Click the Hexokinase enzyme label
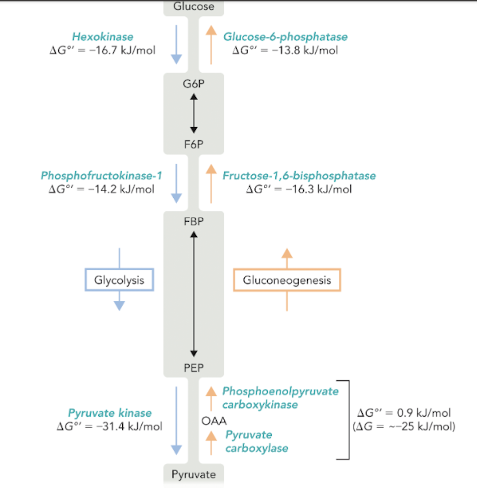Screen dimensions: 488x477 (x=102, y=37)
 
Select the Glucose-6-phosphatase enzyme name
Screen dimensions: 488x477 (x=285, y=37)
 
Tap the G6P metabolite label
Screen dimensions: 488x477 (x=194, y=84)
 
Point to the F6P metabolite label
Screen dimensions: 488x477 (x=194, y=144)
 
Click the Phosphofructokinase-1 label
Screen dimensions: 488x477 (x=101, y=176)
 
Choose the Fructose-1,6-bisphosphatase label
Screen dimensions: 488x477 (x=299, y=176)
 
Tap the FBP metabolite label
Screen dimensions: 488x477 (x=194, y=221)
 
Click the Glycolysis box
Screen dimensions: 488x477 (x=119, y=280)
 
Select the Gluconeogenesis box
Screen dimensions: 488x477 (x=287, y=280)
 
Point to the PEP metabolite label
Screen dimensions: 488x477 (x=194, y=368)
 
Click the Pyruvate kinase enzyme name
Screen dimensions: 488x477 (x=110, y=413)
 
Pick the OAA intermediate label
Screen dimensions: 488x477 (x=214, y=421)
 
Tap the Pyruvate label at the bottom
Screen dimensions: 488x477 (x=194, y=474)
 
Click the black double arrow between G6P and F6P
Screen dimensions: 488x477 (x=194, y=113)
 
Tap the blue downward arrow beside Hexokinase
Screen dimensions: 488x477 (x=176, y=45)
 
